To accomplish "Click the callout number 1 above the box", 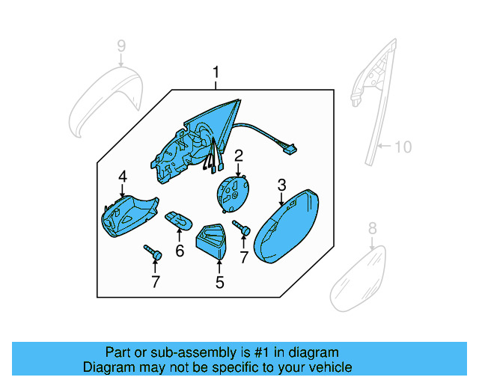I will (216, 73).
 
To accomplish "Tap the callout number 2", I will (239, 156).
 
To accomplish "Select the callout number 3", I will (281, 184).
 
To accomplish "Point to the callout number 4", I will (122, 177).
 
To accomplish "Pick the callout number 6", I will (180, 251).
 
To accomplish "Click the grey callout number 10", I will (403, 147).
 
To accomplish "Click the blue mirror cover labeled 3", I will (286, 227).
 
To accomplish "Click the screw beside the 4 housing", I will (153, 254).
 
